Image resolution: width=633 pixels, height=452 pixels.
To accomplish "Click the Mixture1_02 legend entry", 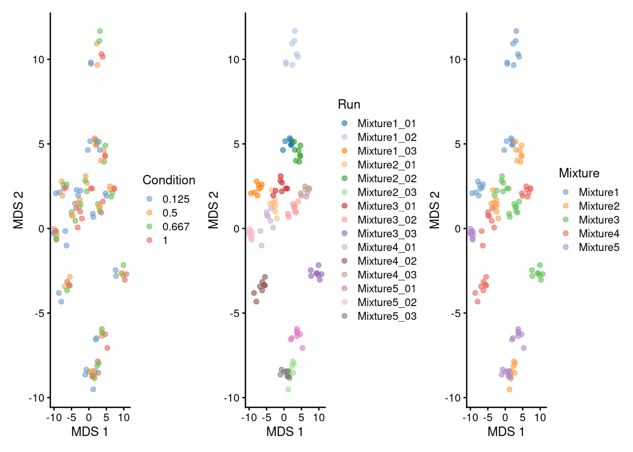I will tap(387, 137).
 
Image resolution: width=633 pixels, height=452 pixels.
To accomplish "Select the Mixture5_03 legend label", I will tap(387, 316).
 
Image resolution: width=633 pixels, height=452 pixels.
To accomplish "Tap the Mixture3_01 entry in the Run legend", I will tap(387, 206).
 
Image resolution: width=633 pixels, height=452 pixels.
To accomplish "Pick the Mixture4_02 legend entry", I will tap(387, 261).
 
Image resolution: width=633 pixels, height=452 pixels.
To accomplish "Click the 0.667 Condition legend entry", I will tap(176, 227).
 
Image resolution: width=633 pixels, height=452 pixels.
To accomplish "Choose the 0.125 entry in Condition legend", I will tap(176, 199).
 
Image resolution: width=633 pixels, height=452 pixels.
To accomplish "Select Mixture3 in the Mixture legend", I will tap(599, 220).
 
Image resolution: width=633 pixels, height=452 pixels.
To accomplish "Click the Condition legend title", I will tap(169, 180).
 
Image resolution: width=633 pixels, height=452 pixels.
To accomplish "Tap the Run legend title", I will tap(349, 105).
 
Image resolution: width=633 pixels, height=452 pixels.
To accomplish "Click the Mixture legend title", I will tap(579, 173).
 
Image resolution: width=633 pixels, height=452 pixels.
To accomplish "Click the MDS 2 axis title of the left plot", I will tap(18, 210).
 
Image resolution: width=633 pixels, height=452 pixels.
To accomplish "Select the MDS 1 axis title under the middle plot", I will tap(284, 432).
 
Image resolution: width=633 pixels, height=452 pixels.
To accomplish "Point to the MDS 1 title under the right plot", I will tap(506, 432).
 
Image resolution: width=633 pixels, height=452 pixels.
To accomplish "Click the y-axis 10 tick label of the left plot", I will tap(38, 60).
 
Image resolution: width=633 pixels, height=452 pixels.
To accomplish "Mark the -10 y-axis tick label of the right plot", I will tap(453, 398).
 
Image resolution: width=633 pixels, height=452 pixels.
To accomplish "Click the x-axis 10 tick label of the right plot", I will tap(540, 418).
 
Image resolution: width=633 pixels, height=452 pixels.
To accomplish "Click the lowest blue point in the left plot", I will tap(93, 389).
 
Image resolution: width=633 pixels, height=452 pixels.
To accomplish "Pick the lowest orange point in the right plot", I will tap(510, 389).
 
